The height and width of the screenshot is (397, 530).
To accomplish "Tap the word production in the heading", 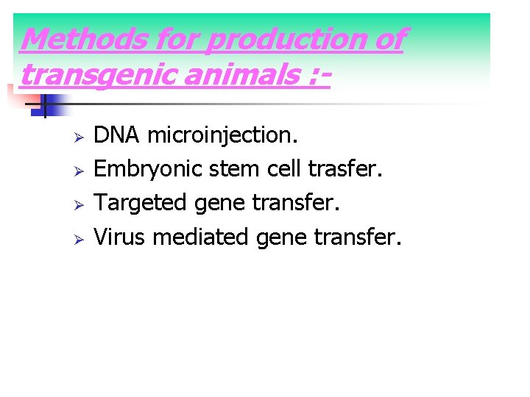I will click(x=286, y=39).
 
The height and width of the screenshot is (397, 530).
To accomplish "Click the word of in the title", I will click(x=389, y=39).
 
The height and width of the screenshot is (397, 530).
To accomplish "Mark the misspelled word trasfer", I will click(x=345, y=168).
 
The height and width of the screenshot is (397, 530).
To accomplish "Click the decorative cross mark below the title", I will click(x=43, y=106).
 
